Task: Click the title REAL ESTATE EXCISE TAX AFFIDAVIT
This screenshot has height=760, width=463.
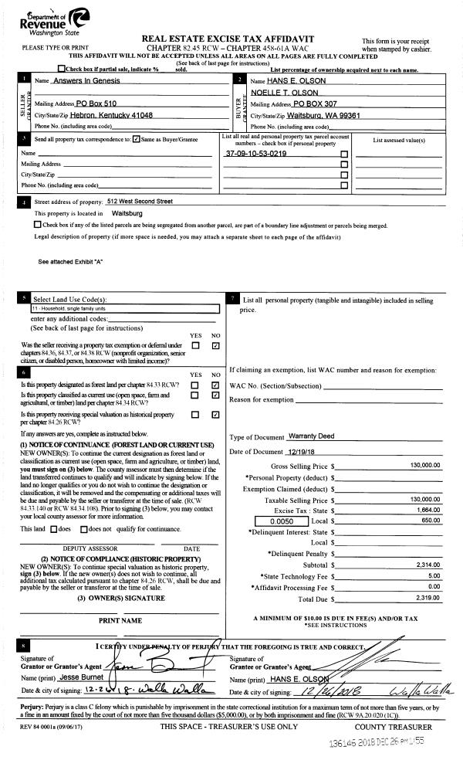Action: click(232, 38)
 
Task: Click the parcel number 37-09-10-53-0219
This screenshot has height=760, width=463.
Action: click(255, 154)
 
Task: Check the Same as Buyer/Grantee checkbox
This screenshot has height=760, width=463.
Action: click(136, 140)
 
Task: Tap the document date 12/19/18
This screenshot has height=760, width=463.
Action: click(285, 452)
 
